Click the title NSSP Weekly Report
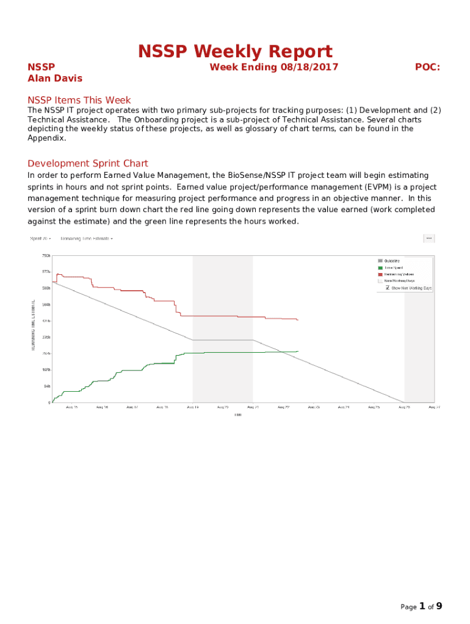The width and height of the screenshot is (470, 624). (235, 51)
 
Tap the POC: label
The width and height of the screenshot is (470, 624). (427, 67)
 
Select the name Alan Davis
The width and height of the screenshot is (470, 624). (55, 78)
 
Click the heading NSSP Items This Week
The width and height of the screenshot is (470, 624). (79, 100)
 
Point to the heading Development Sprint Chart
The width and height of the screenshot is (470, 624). (88, 163)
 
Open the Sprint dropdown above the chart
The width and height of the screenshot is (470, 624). (41, 238)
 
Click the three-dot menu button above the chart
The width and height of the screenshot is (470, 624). (429, 238)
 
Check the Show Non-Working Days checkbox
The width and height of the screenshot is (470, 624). (388, 288)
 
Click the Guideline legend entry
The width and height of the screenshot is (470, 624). (392, 261)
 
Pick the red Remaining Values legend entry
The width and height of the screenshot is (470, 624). (397, 274)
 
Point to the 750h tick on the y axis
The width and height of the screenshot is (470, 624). (46, 255)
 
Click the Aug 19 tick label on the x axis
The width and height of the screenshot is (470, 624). (192, 407)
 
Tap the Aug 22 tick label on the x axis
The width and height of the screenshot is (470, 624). (283, 407)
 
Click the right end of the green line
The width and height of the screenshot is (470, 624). (297, 351)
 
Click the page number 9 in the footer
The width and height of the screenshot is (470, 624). (439, 606)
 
